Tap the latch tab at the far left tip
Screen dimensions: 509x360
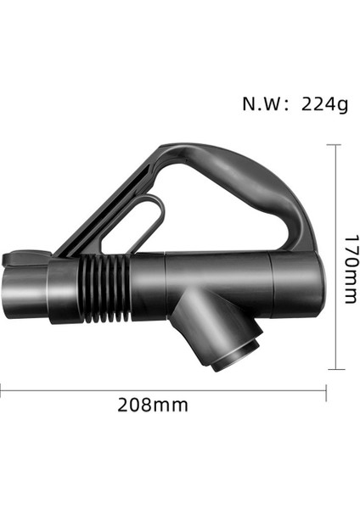pos(19,258)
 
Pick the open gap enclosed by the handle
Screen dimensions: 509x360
pos(221,221)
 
